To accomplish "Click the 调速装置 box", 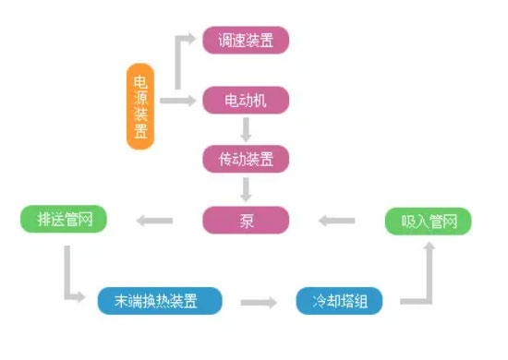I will tap(246, 41).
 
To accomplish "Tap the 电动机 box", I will tap(246, 100).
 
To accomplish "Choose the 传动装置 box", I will tap(246, 159).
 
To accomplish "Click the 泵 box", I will tap(246, 220).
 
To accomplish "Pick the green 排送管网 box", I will tap(64, 220).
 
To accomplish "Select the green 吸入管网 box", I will tap(428, 222).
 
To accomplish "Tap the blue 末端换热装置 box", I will tap(160, 301).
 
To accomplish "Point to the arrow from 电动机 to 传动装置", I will tap(246, 128).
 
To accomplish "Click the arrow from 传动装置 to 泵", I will tap(246, 189).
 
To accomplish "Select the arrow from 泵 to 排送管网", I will tap(154, 220).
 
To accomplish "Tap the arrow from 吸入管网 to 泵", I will tap(337, 221).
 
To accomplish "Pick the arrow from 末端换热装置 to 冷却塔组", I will tap(259, 302).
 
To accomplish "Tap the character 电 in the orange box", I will tap(140, 78).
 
